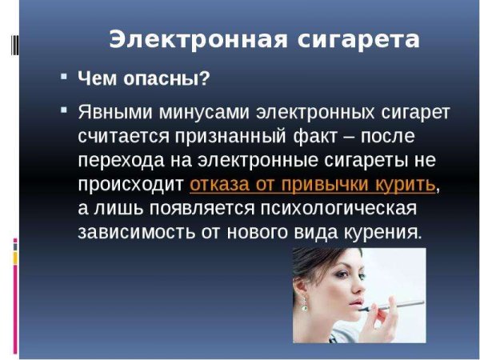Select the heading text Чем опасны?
tap(143, 79)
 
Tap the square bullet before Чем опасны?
tap(64, 78)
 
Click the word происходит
tap(131, 184)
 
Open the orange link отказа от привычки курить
tap(313, 184)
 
